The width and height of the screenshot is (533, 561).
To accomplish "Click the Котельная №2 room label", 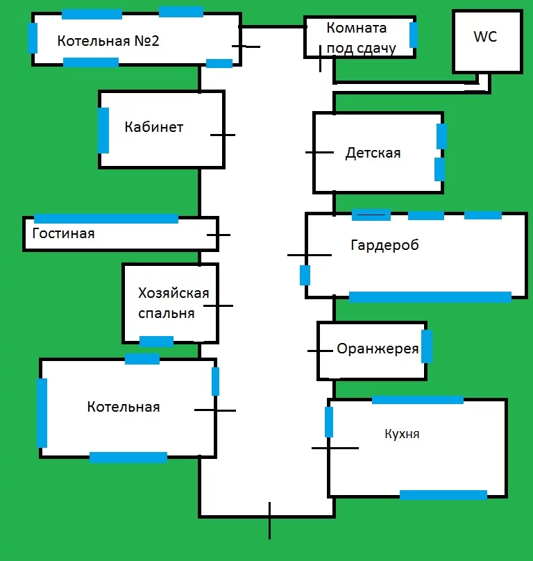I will [x=108, y=41].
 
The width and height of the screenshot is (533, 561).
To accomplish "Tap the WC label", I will [x=485, y=37].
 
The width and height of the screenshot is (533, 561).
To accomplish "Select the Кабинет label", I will [x=154, y=127].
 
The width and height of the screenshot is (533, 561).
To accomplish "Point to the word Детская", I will [x=373, y=153].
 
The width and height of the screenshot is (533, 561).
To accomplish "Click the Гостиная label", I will [x=63, y=233].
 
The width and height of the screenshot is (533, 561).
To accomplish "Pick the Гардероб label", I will [x=384, y=245].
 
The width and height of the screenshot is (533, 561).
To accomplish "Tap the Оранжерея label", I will [x=378, y=349].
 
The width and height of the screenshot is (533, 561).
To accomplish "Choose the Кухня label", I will [x=402, y=434].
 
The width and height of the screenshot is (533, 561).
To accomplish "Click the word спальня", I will [x=167, y=313].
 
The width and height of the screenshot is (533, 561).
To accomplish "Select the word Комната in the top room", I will [x=356, y=28].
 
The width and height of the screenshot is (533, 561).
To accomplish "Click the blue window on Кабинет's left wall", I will [x=103, y=130].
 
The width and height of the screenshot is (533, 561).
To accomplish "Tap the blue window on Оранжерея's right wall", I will [x=427, y=346].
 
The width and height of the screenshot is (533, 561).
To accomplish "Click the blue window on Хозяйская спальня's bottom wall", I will [x=156, y=341].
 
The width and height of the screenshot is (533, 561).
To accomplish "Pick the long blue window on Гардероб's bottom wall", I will [x=430, y=297].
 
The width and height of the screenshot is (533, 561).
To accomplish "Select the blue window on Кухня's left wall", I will [x=329, y=422].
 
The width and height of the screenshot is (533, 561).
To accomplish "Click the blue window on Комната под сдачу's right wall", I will [x=414, y=34].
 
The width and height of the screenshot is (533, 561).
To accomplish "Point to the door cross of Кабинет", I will [x=222, y=135].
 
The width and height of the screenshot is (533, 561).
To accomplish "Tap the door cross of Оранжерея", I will [x=320, y=351].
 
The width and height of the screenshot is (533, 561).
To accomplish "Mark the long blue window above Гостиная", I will [x=105, y=219].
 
